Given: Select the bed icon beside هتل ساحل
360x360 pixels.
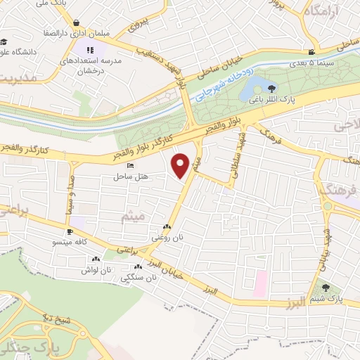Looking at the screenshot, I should tap(112, 166).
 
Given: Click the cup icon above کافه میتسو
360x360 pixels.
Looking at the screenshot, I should tap(70, 231).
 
